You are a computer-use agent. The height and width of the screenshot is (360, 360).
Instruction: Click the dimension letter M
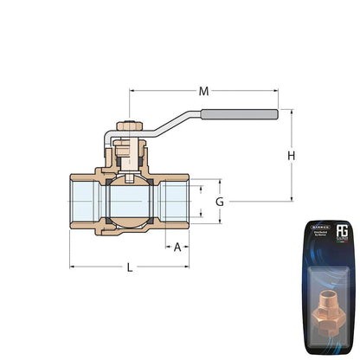point(204,90)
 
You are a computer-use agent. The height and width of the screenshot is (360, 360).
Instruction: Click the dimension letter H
point(292,155)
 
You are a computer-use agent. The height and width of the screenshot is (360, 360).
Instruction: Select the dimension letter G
point(220,201)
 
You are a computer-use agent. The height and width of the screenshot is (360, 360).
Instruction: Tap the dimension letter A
point(178,247)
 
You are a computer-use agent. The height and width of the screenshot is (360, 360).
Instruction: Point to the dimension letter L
point(130,268)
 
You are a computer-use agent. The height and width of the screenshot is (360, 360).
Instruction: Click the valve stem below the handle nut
point(129,157)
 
